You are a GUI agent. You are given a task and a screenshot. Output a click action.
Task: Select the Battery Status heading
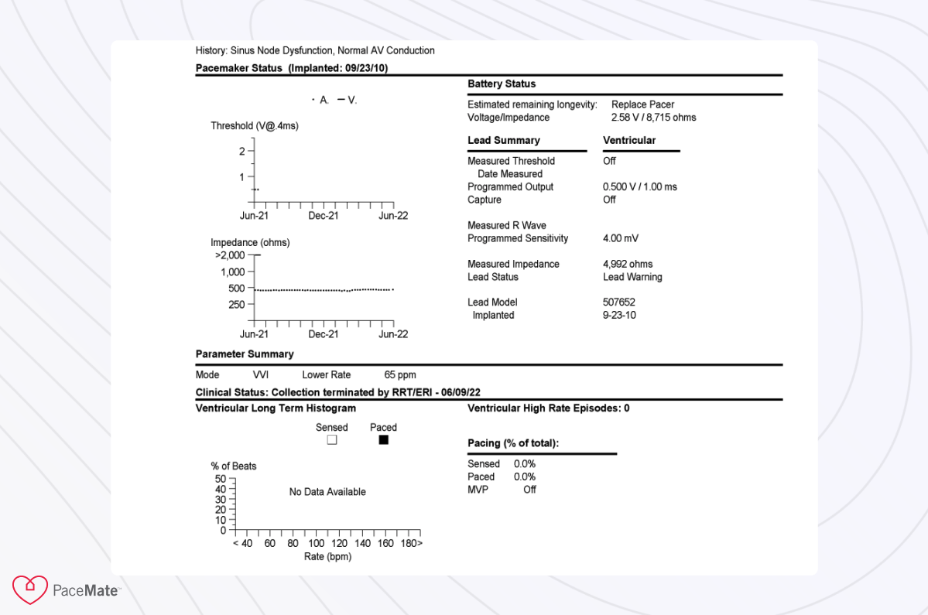[502, 84]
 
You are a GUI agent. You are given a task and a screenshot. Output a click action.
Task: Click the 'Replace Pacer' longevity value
[642, 104]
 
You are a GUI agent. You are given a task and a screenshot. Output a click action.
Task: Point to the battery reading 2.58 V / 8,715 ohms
[653, 118]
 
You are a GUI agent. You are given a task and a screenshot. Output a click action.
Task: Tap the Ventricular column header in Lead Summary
[628, 140]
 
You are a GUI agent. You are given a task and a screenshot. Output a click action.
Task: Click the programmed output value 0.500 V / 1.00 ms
[639, 186]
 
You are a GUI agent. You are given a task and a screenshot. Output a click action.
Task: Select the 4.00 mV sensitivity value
[620, 238]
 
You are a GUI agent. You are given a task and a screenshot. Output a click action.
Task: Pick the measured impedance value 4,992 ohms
[628, 264]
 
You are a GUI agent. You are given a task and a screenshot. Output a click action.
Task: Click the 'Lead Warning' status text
[632, 277]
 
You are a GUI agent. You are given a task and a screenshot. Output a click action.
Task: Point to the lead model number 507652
[618, 302]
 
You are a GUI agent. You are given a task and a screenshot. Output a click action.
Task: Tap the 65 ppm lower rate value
[400, 374]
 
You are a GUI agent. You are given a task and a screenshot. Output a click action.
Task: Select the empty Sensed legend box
[332, 440]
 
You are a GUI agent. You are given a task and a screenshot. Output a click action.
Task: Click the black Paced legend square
[383, 440]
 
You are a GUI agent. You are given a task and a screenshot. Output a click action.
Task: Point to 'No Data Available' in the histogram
[327, 492]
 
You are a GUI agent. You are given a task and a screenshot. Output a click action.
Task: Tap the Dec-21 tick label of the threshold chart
[323, 216]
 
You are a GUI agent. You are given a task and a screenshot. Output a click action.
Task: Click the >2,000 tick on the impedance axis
[230, 255]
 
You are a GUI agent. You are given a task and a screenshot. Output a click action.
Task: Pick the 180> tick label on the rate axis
[411, 543]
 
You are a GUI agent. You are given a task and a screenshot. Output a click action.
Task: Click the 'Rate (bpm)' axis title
[327, 557]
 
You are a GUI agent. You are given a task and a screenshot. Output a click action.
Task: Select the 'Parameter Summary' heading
[245, 354]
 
